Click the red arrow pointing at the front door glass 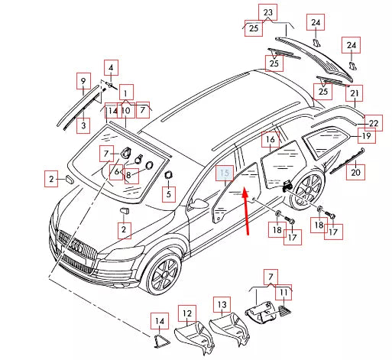tap(246, 211)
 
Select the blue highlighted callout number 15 tap(225, 173)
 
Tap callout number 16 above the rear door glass tap(271, 139)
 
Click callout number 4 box tap(111, 68)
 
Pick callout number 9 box tap(83, 81)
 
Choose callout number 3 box tap(83, 125)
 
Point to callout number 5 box tap(169, 194)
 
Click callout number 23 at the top tap(268, 12)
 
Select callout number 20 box tap(355, 172)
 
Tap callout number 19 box tap(366, 136)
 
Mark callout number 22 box tap(374, 123)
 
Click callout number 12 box tap(187, 313)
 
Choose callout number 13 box tap(222, 305)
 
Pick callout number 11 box tap(283, 293)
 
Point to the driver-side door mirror tap(199, 203)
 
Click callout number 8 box tap(131, 176)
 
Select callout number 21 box tap(355, 93)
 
